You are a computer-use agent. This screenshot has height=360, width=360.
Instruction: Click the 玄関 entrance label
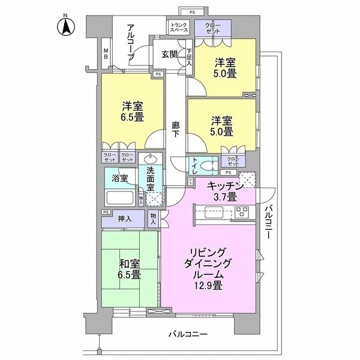pyautogui.click(x=169, y=54)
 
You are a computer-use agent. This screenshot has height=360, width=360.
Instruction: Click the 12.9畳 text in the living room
pyautogui.click(x=208, y=286)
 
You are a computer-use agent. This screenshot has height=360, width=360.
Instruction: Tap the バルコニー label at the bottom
pyautogui.click(x=187, y=333)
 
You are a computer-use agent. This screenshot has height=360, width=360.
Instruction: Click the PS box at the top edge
pyautogui.click(x=193, y=11)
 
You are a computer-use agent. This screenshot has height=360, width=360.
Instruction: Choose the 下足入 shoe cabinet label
pyautogui.click(x=188, y=58)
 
